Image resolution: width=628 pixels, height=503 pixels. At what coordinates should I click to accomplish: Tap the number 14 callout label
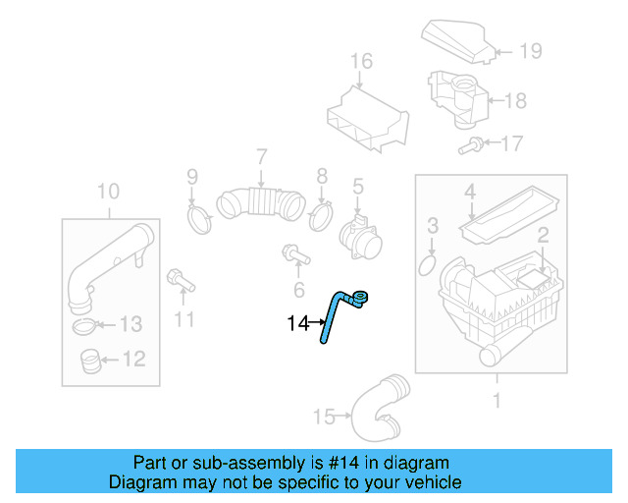298,322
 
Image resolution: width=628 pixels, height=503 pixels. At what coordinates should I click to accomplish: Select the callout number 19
530,51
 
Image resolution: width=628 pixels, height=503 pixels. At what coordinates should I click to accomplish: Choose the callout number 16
361,62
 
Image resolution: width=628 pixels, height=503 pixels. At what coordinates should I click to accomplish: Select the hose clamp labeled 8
320,214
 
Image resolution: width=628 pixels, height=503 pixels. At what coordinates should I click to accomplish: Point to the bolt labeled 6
294,256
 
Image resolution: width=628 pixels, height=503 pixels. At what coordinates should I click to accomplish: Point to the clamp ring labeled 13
85,325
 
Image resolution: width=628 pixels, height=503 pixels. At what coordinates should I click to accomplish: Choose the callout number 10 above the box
108,190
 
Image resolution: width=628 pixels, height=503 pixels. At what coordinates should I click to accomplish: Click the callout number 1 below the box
496,400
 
